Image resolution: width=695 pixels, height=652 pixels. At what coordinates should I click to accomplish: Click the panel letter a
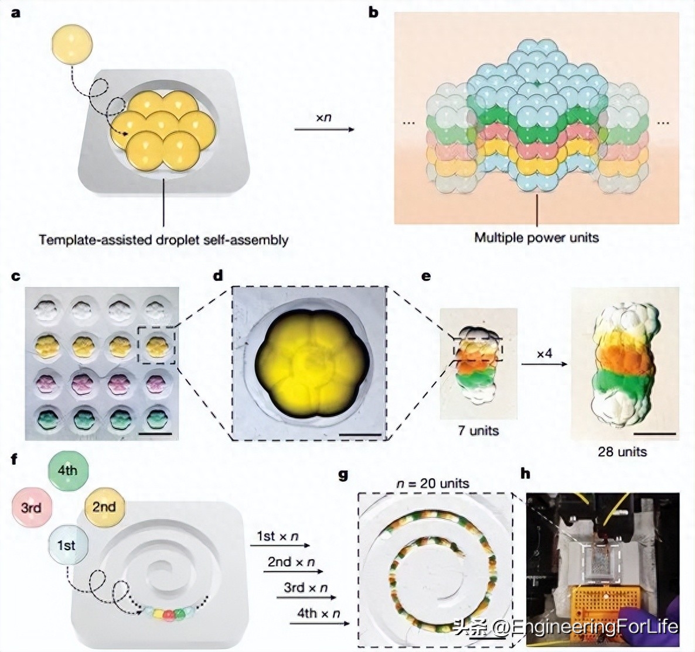[16, 11]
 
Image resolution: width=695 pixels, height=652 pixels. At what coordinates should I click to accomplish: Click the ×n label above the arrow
[323, 117]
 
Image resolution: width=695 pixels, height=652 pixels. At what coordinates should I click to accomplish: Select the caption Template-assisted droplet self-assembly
[163, 239]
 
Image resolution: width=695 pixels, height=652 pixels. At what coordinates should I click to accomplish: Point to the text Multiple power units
[536, 237]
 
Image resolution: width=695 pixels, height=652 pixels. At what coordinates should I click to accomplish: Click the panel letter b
[373, 11]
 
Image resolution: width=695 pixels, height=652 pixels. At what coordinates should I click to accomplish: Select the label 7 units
[478, 431]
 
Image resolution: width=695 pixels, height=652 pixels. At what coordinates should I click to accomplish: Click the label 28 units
[622, 451]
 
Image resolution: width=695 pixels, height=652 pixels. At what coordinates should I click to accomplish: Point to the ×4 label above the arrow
[544, 354]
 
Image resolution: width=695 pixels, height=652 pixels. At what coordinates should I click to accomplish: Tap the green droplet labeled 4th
[67, 471]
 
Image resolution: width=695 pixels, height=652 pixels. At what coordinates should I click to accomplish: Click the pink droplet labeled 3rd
[31, 507]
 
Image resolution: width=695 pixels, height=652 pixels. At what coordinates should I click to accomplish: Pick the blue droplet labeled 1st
[66, 545]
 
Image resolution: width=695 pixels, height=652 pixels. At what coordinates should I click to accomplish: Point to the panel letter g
[344, 475]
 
